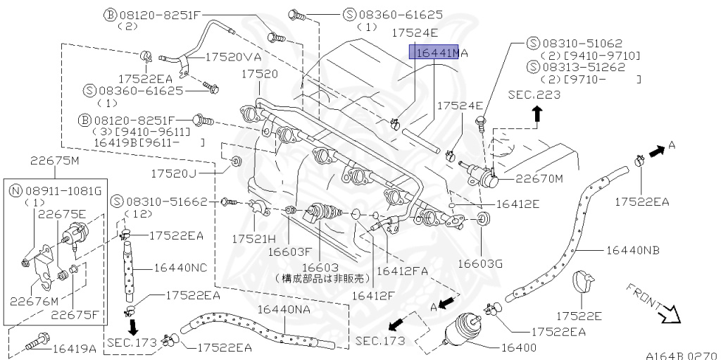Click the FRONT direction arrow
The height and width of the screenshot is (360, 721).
click(654, 304)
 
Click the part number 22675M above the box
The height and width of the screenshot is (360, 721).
click(56, 160)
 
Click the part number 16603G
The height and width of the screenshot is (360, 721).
click(480, 263)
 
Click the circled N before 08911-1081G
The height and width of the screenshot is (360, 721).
click(15, 190)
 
